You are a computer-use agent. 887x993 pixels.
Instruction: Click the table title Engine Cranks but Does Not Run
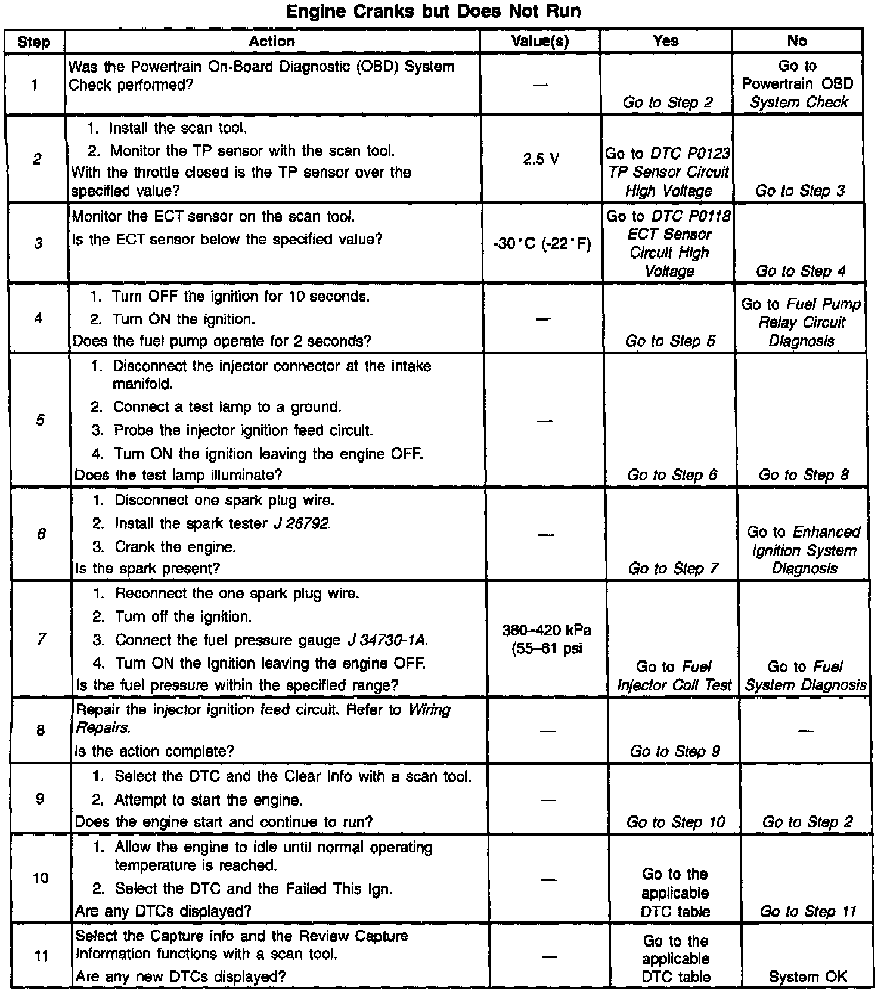click(433, 11)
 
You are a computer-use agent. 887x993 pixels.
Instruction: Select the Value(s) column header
click(540, 41)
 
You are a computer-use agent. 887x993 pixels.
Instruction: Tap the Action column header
click(272, 41)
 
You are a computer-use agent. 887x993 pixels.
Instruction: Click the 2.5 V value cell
click(541, 159)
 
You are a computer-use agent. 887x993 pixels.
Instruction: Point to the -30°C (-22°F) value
click(542, 244)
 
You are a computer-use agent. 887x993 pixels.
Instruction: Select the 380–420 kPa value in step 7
click(547, 631)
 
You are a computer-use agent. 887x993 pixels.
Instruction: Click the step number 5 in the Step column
click(40, 420)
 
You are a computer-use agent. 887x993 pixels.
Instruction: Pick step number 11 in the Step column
click(41, 955)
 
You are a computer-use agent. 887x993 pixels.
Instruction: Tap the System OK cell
click(808, 976)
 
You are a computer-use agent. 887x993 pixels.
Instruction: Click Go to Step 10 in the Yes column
click(675, 823)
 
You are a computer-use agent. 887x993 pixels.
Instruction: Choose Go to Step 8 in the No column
click(803, 475)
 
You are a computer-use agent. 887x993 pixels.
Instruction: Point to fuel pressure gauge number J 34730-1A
click(387, 640)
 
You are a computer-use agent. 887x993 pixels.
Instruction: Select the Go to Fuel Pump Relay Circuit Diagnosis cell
click(801, 322)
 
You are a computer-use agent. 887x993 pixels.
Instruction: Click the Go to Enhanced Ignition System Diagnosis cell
click(804, 550)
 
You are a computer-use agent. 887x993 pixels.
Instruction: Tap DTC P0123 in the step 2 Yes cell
click(690, 154)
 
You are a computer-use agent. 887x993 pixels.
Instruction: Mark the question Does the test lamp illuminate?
click(178, 475)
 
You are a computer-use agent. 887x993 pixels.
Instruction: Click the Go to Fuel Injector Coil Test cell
click(674, 676)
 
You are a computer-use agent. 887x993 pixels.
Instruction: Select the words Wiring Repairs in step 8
click(262, 719)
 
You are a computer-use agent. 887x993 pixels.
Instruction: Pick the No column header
click(797, 41)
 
